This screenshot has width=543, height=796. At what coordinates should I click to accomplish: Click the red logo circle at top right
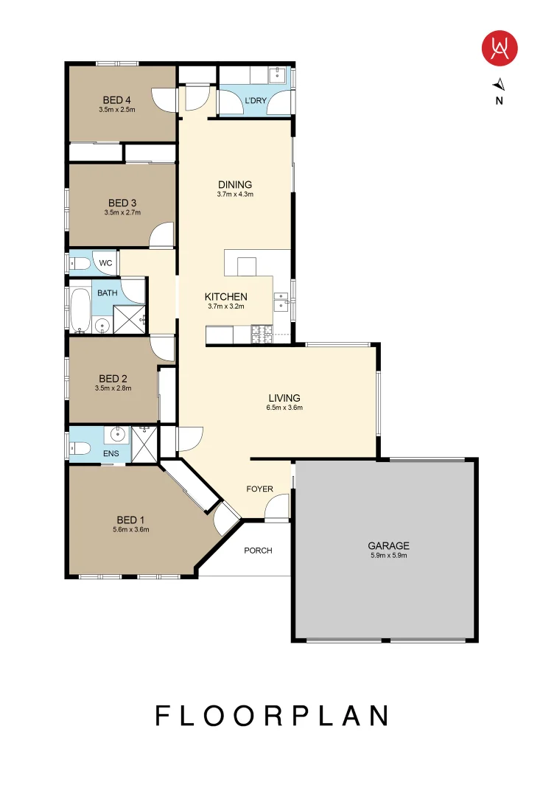pyautogui.click(x=500, y=49)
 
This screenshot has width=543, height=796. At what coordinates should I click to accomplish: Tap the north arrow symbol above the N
pyautogui.click(x=499, y=83)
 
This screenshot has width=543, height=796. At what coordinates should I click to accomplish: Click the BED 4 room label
pyautogui.click(x=117, y=100)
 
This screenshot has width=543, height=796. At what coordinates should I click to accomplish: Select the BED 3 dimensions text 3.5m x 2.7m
pyautogui.click(x=122, y=212)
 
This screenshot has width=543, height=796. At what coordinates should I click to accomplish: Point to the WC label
pyautogui.click(x=105, y=263)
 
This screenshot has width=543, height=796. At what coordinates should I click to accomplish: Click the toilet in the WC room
pyautogui.click(x=79, y=263)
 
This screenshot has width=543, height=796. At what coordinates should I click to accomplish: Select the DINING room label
pyautogui.click(x=235, y=184)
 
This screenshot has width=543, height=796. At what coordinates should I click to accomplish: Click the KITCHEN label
pyautogui.click(x=225, y=296)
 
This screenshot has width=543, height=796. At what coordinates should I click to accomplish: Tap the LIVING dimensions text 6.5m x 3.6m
pyautogui.click(x=284, y=408)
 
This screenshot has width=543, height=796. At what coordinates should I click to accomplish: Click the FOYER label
pyautogui.click(x=260, y=489)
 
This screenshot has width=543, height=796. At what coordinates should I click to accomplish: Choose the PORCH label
pyautogui.click(x=258, y=550)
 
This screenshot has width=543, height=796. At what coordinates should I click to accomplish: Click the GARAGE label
pyautogui.click(x=388, y=545)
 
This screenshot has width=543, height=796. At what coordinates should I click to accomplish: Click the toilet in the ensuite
pyautogui.click(x=80, y=447)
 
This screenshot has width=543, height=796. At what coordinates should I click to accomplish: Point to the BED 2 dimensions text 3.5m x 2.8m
pyautogui.click(x=113, y=388)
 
